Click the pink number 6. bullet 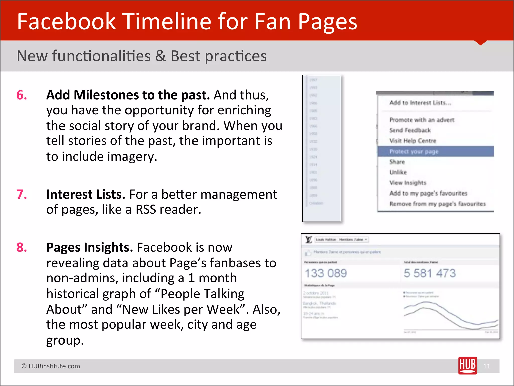(22, 95)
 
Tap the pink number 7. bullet (22, 195)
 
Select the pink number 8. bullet (22, 247)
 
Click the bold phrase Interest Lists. (86, 195)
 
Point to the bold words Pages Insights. (89, 247)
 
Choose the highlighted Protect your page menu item (414, 152)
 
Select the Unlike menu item (398, 172)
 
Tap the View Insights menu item (408, 183)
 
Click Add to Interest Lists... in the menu (420, 103)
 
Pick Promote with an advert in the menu (422, 120)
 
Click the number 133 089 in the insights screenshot (326, 273)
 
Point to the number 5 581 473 (429, 273)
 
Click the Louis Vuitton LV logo (309, 239)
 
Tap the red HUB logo (467, 365)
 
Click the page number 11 (487, 366)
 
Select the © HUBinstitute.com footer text (51, 366)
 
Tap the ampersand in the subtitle (160, 56)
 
